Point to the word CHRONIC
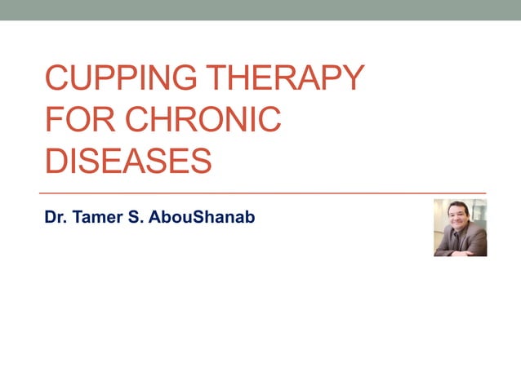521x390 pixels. pos(203,120)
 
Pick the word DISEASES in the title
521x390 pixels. pos(128,161)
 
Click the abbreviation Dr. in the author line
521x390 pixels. pos(56,218)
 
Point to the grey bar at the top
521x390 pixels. pos(260,10)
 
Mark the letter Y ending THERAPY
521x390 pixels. pos(349,78)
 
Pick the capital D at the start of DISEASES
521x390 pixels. pos(56,161)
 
